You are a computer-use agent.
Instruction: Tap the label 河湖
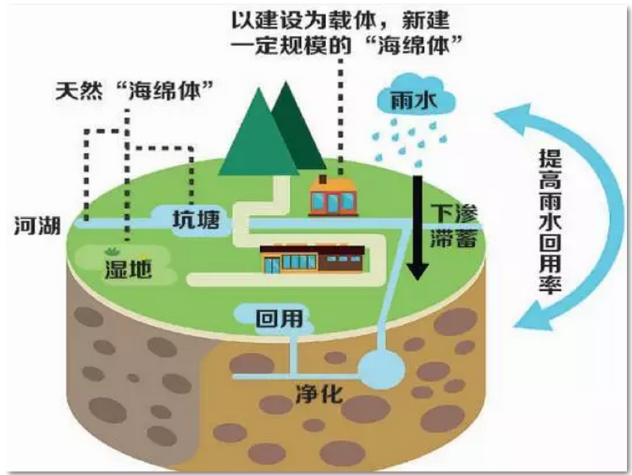pos(37,226)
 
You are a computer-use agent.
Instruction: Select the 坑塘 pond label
pos(196,220)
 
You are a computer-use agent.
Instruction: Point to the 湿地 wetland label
pos(128,269)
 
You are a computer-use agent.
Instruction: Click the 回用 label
pos(279,319)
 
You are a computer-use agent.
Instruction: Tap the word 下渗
pos(454,213)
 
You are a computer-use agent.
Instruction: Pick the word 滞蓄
pos(454,238)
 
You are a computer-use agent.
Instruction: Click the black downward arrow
pos(417,228)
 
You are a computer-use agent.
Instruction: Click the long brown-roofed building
pos(313,259)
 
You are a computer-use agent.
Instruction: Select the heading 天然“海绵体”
pos(134,91)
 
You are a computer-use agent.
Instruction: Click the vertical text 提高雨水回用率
pos(551,221)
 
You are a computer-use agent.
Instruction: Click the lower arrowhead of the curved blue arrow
pos(532,316)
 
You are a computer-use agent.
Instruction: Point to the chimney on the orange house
pos(322,179)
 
